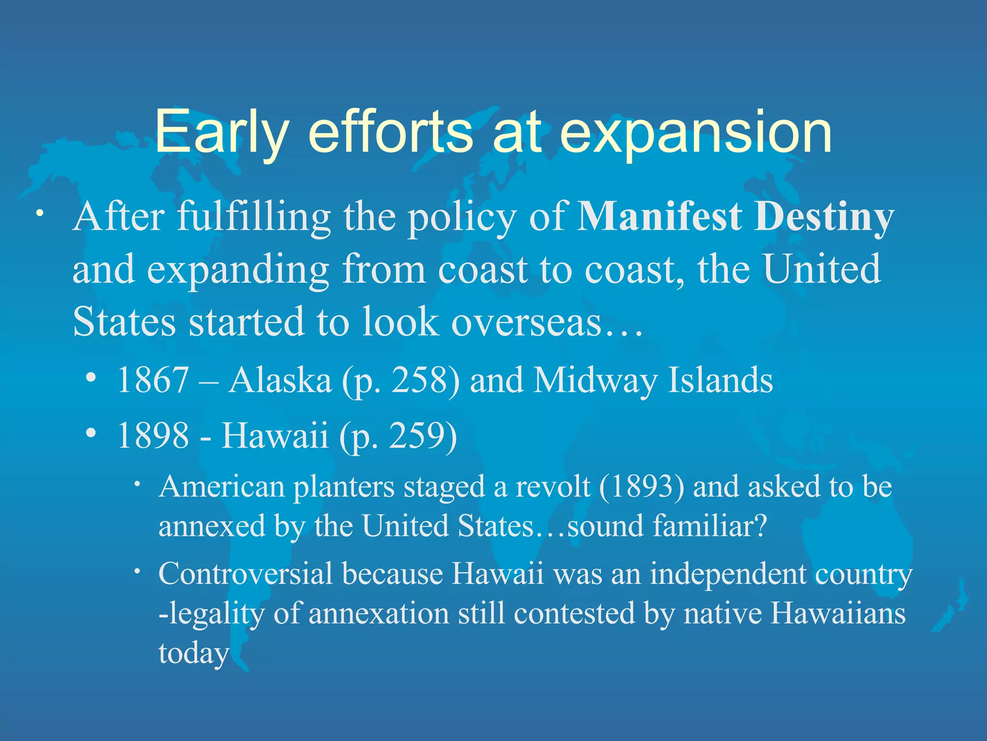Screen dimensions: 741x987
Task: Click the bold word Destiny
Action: (825, 217)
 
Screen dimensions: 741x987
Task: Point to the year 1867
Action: (153, 380)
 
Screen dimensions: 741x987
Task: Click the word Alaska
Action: (280, 380)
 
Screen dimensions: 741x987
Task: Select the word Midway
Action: (596, 380)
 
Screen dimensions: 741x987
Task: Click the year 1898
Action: (153, 435)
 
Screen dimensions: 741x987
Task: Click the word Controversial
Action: (246, 574)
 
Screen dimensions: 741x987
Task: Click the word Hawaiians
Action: (838, 614)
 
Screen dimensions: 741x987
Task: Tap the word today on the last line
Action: (194, 653)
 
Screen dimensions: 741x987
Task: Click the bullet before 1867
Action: (91, 378)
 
